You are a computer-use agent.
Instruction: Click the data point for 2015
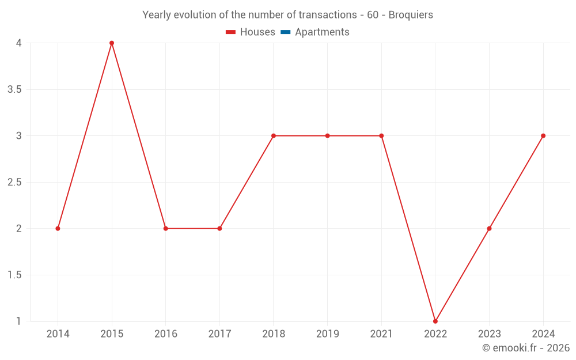pyautogui.click(x=112, y=43)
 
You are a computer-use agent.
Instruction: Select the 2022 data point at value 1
pyautogui.click(x=435, y=321)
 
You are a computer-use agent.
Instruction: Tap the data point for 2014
pyautogui.click(x=58, y=229)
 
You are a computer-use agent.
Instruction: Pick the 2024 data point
pyautogui.click(x=543, y=136)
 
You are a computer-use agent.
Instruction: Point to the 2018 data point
pyautogui.click(x=274, y=136)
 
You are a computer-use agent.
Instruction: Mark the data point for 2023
pyautogui.click(x=489, y=229)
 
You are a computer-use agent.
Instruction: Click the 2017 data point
pyautogui.click(x=219, y=229)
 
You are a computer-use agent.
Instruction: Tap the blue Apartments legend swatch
pyautogui.click(x=285, y=32)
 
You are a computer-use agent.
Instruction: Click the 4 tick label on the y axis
pyautogui.click(x=18, y=43)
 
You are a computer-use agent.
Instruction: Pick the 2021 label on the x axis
pyautogui.click(x=381, y=334)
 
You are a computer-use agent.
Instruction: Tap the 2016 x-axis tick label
pyautogui.click(x=165, y=334)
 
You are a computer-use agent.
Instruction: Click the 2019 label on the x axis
pyautogui.click(x=327, y=334)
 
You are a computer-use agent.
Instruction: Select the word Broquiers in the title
pyautogui.click(x=411, y=15)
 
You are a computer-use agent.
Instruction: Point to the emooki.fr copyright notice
pyautogui.click(x=526, y=348)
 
